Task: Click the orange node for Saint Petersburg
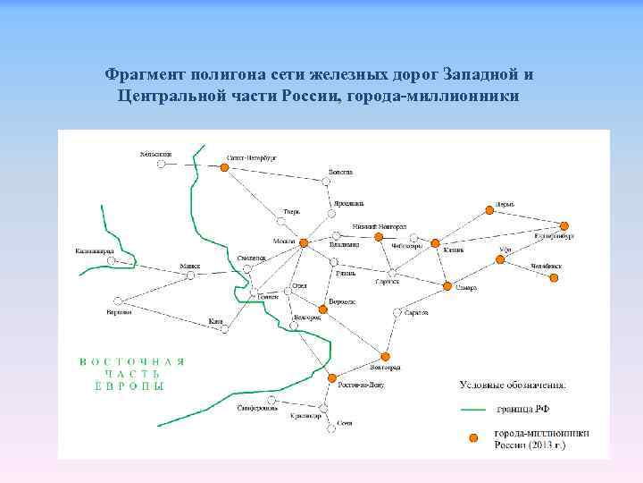click(x=224, y=165)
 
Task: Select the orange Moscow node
click(x=304, y=242)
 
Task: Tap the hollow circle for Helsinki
click(x=162, y=164)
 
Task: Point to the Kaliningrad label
click(x=94, y=251)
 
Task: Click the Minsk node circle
click(x=190, y=275)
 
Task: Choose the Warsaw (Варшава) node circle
click(x=125, y=302)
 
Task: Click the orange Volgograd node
click(x=385, y=356)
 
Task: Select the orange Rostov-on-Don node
click(x=331, y=377)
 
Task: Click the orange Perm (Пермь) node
click(x=489, y=209)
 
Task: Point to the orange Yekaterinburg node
click(x=564, y=226)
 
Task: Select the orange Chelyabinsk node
click(x=554, y=277)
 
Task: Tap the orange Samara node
click(x=447, y=285)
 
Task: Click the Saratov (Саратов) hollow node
click(x=397, y=312)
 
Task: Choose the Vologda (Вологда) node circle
click(x=326, y=181)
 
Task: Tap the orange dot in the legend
click(x=474, y=437)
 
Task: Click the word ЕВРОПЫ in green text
click(x=129, y=386)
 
